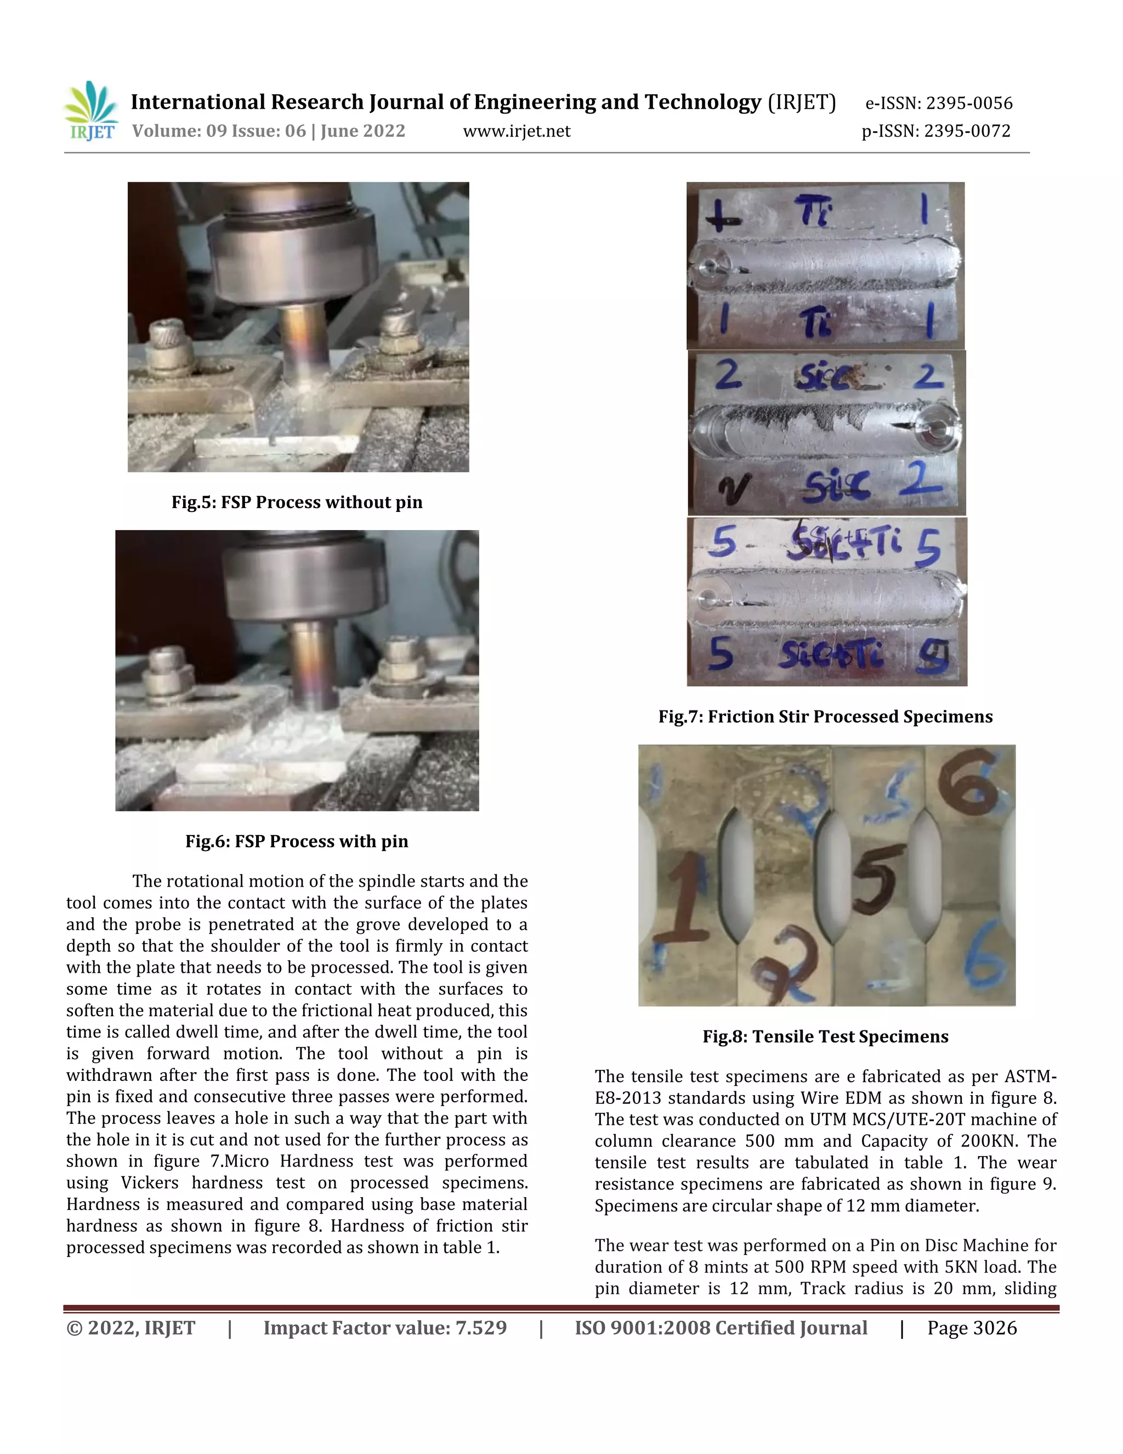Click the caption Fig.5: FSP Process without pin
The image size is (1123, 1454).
[x=297, y=502]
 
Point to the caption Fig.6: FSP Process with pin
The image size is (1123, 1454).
[x=297, y=841]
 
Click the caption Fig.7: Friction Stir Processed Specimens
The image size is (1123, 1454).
[x=825, y=717]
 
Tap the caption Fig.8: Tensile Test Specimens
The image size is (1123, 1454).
[x=825, y=1036]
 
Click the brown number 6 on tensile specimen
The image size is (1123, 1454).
[x=969, y=784]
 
